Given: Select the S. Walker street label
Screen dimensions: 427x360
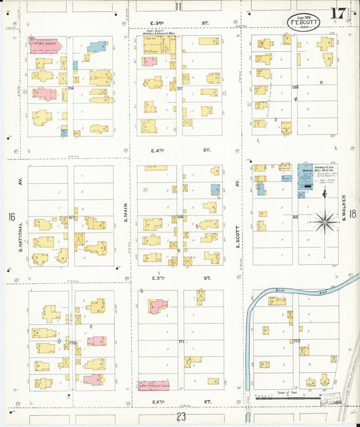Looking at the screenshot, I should tap(344, 215).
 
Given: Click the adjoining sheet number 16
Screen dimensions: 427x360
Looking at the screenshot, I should tap(11, 217).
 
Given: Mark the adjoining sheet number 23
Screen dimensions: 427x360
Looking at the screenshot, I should tap(180, 417).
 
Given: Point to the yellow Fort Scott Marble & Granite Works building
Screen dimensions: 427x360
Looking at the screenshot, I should tap(159, 46).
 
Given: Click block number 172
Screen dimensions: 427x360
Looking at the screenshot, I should tap(297, 341).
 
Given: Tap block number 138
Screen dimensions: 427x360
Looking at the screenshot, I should tap(294, 87).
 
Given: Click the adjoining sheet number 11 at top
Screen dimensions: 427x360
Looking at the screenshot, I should tap(178, 7).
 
